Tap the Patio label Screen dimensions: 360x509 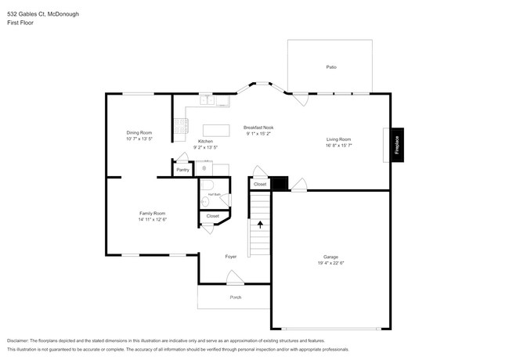tap(331, 67)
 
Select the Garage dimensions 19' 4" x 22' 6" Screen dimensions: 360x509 tap(331, 263)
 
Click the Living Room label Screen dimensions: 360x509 tap(338, 139)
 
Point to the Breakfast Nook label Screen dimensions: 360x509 tap(258, 127)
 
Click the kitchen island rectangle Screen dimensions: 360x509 tap(216, 130)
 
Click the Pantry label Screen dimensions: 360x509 tap(182, 169)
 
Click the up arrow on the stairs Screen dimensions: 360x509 tap(260, 224)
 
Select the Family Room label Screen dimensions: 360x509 tap(153, 213)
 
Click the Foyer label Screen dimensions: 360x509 tap(231, 256)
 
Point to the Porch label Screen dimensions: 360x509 tap(235, 297)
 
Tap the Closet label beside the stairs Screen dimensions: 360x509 tap(259, 184)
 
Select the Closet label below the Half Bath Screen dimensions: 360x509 tap(212, 215)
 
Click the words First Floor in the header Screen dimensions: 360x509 tap(21, 23)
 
